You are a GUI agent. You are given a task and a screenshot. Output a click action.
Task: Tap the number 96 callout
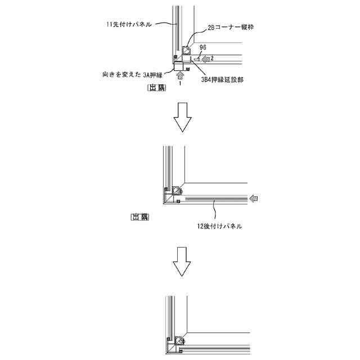coord(203,47)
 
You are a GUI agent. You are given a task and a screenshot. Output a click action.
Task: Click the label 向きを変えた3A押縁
coord(133,74)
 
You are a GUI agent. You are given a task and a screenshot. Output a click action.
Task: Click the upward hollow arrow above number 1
coord(180,75)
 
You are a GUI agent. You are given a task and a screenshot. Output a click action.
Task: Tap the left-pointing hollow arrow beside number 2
coord(206,58)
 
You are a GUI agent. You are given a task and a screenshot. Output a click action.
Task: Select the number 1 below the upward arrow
coord(180,83)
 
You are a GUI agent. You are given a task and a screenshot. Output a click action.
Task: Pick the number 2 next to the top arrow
coord(213,58)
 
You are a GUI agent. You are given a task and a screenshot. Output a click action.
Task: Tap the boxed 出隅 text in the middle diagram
coord(139,217)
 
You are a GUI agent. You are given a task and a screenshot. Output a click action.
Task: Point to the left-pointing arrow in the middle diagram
coord(256,199)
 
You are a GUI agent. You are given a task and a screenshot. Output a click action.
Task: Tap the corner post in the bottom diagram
coord(180,341)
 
